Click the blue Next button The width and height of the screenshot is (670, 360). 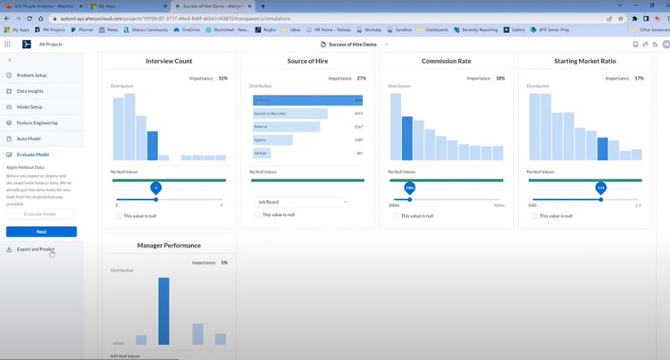[x=41, y=231]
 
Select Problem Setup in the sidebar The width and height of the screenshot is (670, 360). [x=31, y=75]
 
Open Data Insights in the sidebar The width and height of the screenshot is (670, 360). [x=29, y=91]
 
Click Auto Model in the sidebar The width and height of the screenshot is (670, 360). [x=28, y=138]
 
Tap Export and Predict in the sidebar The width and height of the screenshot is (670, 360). [x=35, y=249]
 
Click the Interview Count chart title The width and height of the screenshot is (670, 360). [x=169, y=61]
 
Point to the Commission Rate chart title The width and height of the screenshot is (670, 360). [x=447, y=61]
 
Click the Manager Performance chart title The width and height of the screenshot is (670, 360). [x=169, y=245]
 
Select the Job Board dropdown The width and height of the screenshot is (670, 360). [x=301, y=202]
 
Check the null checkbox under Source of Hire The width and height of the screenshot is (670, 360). [x=257, y=215]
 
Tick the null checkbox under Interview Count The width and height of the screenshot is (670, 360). [x=119, y=215]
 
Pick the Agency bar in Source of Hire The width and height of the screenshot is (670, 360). [x=273, y=140]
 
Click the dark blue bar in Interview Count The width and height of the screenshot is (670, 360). [x=153, y=146]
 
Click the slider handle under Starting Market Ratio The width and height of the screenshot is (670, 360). [x=601, y=188]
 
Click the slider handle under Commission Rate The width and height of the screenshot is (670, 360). [x=410, y=188]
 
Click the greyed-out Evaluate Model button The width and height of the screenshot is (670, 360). [x=41, y=213]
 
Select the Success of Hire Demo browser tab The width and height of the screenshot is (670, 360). [x=213, y=6]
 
